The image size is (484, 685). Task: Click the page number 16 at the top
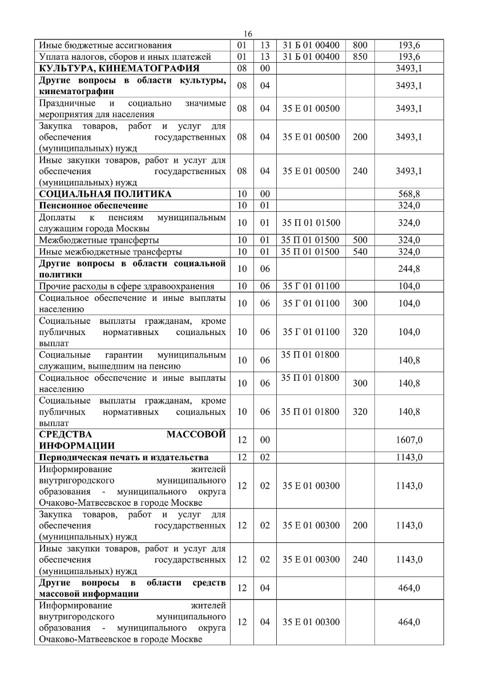[x=247, y=34]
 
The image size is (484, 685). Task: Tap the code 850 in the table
[x=360, y=57]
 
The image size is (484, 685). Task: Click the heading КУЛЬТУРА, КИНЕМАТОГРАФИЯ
[x=119, y=68]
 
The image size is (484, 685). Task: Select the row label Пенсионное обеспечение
[x=93, y=205]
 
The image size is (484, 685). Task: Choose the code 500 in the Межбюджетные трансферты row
[x=360, y=240]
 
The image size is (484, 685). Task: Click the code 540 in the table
[x=360, y=252]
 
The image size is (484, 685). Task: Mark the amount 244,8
[x=409, y=269]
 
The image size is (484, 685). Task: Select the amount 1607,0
[x=409, y=440]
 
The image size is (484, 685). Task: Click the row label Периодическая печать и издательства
[x=123, y=457]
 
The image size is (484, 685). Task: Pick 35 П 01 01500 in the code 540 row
[x=310, y=252]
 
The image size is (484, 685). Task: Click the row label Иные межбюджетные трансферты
[x=110, y=252]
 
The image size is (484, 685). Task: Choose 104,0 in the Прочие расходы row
[x=409, y=286]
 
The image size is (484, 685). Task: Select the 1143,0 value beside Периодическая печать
[x=409, y=457]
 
